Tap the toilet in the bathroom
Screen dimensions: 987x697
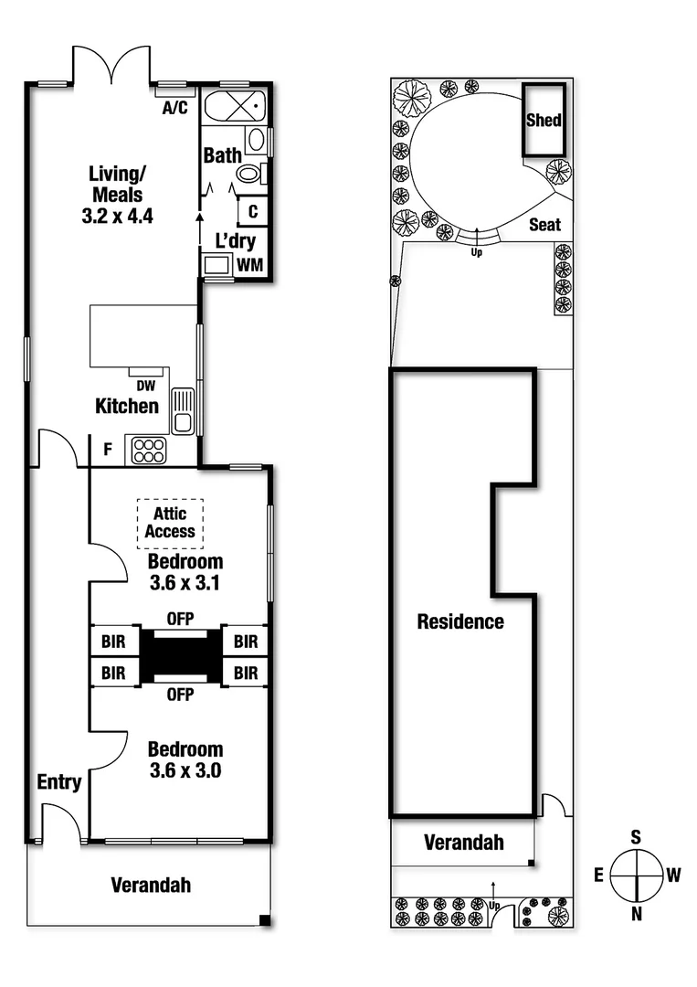pos(248,175)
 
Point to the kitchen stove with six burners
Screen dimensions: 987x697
pos(148,450)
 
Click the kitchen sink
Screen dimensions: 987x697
pos(183,410)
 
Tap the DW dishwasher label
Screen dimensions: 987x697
pos(145,386)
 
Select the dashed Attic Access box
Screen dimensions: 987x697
pos(170,523)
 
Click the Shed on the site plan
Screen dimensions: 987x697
pos(544,120)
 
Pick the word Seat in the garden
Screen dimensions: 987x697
pos(545,225)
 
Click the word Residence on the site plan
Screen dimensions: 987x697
pos(460,622)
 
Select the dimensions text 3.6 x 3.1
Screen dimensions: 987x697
pos(185,581)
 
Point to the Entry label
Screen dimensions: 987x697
pos(59,782)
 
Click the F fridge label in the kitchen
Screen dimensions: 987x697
pos(108,450)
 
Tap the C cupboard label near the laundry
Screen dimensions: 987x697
pos(253,211)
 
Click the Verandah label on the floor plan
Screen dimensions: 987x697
pos(151,885)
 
